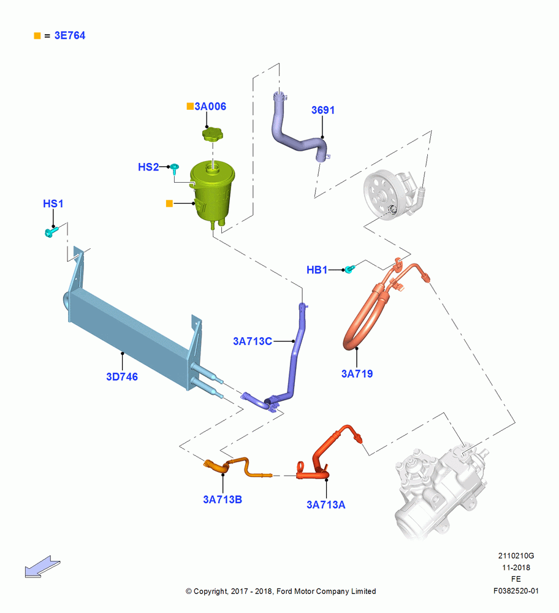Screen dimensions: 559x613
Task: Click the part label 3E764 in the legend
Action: tap(70, 36)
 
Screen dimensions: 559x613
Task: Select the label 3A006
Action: tap(210, 106)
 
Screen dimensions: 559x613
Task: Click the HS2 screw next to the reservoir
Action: tap(175, 169)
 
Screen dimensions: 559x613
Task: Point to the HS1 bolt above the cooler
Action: tap(51, 232)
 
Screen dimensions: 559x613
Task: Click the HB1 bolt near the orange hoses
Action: tap(349, 268)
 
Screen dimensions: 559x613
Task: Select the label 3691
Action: tap(323, 110)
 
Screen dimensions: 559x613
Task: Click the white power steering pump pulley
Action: tap(381, 195)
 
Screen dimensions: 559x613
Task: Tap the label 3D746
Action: tap(122, 377)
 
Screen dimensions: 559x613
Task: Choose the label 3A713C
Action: tap(253, 341)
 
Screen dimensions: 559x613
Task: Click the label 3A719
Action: tap(357, 374)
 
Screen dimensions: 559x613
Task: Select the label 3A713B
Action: tap(222, 500)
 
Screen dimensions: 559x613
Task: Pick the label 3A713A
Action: tap(326, 504)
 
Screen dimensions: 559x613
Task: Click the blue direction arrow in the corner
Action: tap(42, 567)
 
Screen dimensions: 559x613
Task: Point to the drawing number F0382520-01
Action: tap(516, 591)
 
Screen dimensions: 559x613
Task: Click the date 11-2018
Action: tap(516, 568)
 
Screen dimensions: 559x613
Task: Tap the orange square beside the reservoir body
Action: tap(169, 204)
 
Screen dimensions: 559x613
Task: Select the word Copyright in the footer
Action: tap(211, 592)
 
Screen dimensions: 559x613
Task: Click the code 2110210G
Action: tap(516, 556)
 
